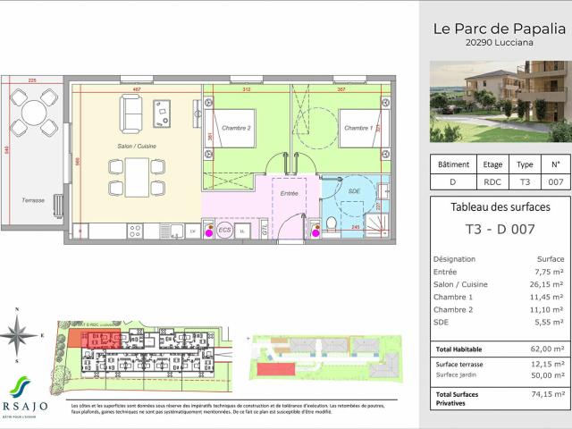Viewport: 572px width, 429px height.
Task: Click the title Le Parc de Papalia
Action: pyautogui.click(x=499, y=28)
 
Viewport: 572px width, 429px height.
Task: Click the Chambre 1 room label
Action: pyautogui.click(x=359, y=128)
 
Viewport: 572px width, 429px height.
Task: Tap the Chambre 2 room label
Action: pyautogui.click(x=236, y=128)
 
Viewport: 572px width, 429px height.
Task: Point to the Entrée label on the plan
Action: pyautogui.click(x=289, y=192)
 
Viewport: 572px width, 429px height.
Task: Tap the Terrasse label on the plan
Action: pyautogui.click(x=33, y=200)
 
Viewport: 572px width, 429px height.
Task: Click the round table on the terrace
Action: pyautogui.click(x=35, y=114)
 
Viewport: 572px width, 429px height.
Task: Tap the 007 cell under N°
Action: pyautogui.click(x=554, y=181)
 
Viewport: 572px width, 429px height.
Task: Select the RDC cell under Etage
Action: pyautogui.click(x=492, y=181)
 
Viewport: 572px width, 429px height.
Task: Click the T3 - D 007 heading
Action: pyautogui.click(x=499, y=230)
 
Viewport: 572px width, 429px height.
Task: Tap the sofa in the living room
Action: pyautogui.click(x=130, y=113)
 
